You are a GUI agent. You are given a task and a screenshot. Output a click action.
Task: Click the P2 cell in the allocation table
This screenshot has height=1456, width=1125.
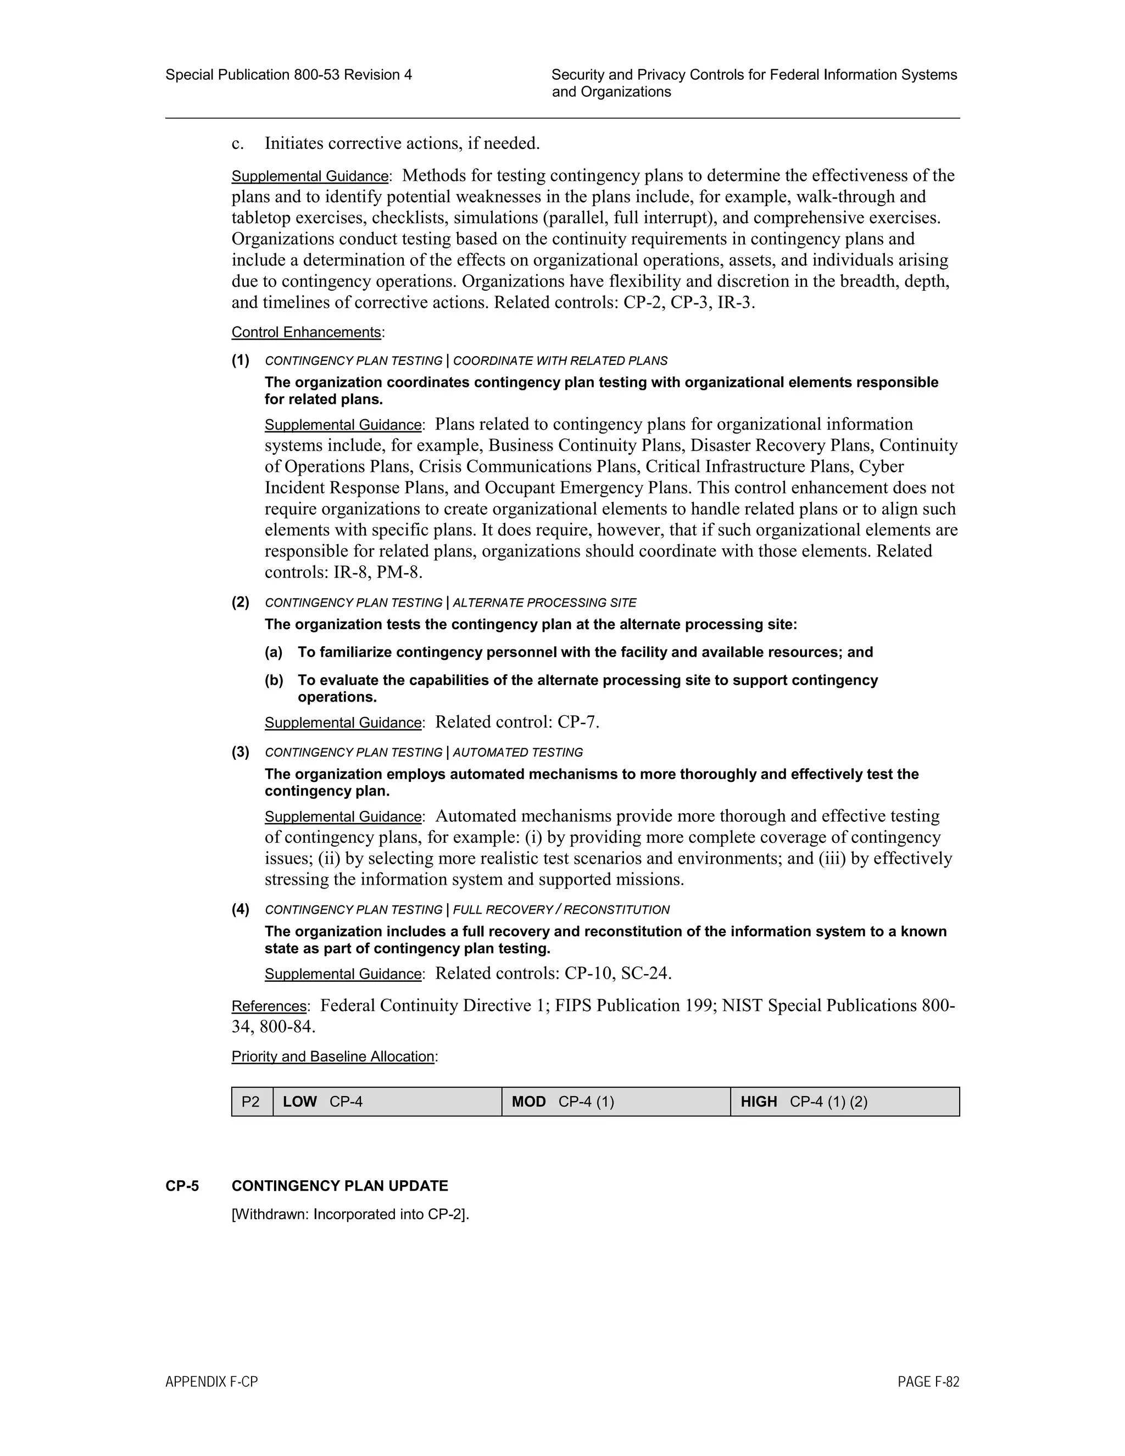250,1101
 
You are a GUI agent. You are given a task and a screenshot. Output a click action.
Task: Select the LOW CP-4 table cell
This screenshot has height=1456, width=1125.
387,1101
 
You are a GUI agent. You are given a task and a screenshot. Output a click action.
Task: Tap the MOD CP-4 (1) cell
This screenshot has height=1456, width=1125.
616,1101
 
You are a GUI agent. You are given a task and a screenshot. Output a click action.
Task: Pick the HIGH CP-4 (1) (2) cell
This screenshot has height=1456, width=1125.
845,1101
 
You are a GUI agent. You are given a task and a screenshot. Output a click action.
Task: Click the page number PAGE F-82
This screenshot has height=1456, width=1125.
928,1382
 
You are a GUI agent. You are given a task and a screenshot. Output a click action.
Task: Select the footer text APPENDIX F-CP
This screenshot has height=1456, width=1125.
211,1382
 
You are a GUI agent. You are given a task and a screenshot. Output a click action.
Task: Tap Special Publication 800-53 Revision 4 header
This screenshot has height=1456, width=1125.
288,75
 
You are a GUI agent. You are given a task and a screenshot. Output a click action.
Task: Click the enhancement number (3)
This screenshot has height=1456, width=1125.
241,752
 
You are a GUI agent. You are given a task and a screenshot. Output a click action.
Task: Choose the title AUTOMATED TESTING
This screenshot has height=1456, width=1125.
518,753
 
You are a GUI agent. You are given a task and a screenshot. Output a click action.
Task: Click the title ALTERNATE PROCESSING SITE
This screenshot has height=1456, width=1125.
544,603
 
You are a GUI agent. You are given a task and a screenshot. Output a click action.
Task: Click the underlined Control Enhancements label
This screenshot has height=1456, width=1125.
307,332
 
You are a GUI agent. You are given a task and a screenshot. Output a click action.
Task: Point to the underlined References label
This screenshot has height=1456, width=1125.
269,1006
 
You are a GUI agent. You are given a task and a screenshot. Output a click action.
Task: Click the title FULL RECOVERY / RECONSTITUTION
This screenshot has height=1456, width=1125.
561,910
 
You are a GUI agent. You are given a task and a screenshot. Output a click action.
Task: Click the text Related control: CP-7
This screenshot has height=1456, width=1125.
517,722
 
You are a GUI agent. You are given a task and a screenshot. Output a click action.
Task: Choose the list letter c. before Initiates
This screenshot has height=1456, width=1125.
237,143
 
